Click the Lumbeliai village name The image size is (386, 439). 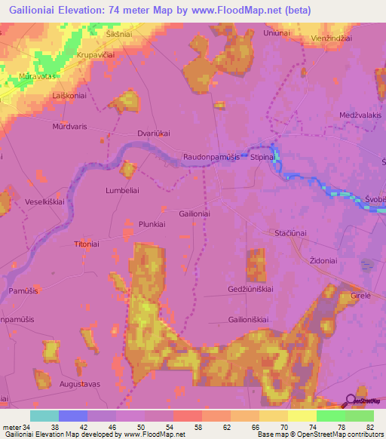122,191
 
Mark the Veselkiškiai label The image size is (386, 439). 47,202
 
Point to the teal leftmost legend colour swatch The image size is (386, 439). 44,416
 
